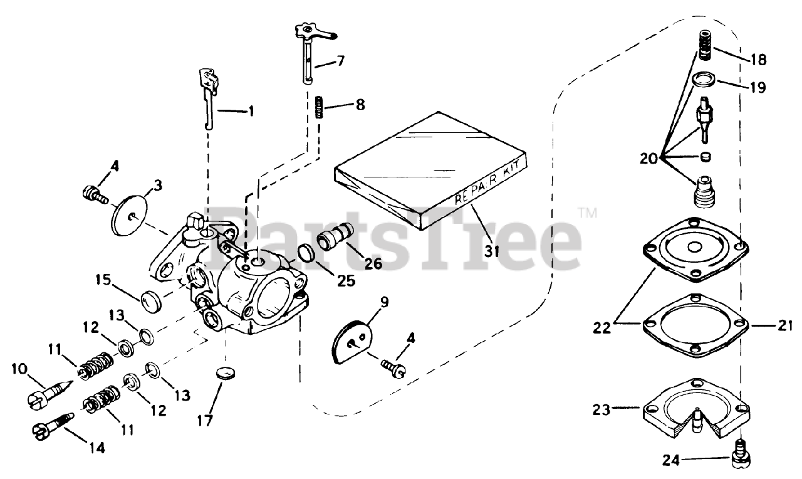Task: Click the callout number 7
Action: click(x=358, y=61)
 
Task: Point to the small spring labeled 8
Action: click(x=318, y=105)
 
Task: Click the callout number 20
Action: click(x=649, y=159)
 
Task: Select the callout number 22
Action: click(x=602, y=327)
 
